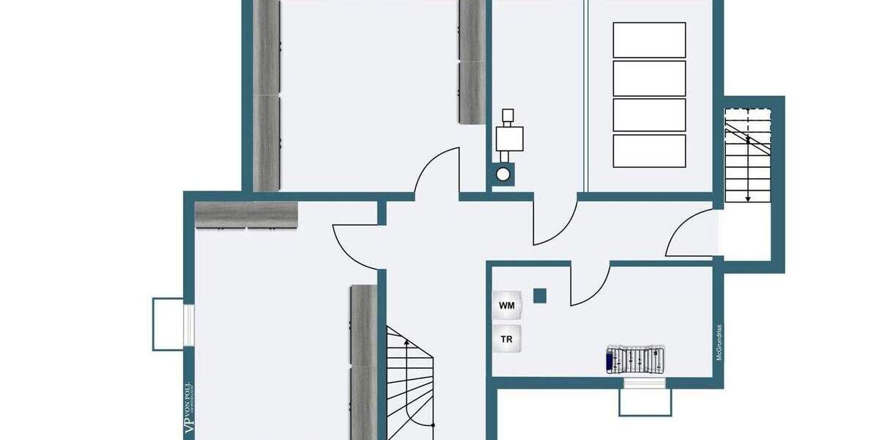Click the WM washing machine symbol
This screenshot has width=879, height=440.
tap(507, 305)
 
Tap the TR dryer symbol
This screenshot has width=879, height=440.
tap(507, 340)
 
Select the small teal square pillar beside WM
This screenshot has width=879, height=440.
tap(540, 295)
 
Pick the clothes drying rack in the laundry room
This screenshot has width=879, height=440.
tap(634, 360)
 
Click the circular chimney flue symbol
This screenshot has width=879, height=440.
tap(503, 175)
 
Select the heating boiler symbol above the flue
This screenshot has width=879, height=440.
tap(509, 135)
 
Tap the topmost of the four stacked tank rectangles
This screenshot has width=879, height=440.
tap(649, 40)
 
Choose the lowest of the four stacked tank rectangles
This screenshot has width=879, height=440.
tap(649, 150)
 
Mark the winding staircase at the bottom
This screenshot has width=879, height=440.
tap(410, 385)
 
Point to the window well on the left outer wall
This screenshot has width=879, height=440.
tap(168, 324)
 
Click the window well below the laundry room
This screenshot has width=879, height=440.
tap(645, 400)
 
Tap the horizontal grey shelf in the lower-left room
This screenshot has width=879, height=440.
tap(247, 215)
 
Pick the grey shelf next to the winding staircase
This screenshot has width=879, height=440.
tap(363, 359)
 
